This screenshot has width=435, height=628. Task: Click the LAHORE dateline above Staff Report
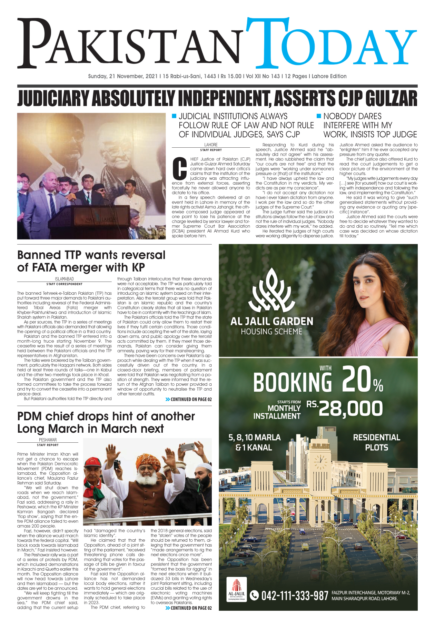tap(211, 145)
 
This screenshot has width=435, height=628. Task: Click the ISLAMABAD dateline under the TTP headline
tap(64, 279)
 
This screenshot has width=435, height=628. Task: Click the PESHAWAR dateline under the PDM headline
tap(48, 440)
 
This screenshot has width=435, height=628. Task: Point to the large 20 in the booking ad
tap(357, 380)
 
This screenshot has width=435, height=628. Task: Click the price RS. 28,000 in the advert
tap(345, 409)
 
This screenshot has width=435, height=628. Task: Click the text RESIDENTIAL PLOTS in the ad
tap(376, 442)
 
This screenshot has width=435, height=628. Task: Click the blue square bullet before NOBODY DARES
tap(319, 116)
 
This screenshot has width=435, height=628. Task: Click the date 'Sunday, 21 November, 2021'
tap(123, 76)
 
